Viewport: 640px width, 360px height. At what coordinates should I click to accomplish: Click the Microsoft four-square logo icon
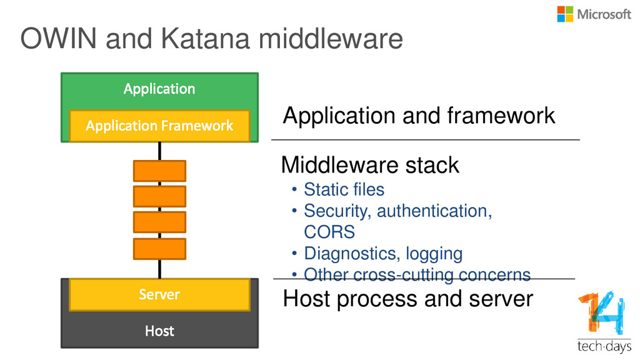(x=565, y=14)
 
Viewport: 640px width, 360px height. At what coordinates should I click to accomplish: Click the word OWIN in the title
(x=58, y=38)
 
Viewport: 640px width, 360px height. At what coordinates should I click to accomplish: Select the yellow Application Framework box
(x=159, y=126)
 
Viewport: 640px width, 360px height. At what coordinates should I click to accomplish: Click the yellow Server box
(x=159, y=294)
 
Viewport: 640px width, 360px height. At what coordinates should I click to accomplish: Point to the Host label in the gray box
(x=159, y=331)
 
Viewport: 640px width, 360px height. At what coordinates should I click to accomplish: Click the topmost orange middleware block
(x=159, y=171)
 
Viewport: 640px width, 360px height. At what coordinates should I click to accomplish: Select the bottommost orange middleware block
(x=159, y=249)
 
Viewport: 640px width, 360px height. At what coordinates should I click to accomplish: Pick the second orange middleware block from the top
(x=159, y=196)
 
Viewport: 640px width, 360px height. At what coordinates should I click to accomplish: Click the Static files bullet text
(x=344, y=189)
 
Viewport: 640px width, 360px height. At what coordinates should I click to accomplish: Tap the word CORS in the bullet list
(x=329, y=232)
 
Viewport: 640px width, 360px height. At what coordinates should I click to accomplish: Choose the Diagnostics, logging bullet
(x=383, y=254)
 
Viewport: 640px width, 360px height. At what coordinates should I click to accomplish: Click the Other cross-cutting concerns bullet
(x=417, y=275)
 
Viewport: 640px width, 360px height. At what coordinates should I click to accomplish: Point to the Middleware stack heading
(x=370, y=165)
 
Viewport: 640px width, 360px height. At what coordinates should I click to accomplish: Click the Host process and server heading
(x=408, y=299)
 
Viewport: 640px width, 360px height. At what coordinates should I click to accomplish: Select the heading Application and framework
(x=419, y=116)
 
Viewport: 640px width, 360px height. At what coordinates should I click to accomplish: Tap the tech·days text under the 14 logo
(x=604, y=346)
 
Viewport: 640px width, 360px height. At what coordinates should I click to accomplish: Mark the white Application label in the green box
(x=159, y=89)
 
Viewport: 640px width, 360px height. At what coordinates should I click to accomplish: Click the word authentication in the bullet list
(x=434, y=211)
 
